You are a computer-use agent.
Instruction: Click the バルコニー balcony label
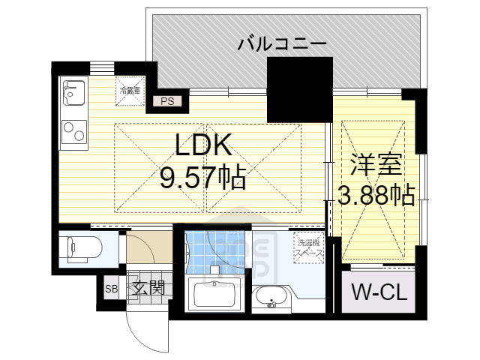pyautogui.click(x=282, y=44)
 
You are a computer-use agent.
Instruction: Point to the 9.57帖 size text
pyautogui.click(x=202, y=178)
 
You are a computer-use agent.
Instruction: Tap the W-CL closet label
pyautogui.click(x=380, y=292)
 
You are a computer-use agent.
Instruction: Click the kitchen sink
pyautogui.click(x=73, y=94)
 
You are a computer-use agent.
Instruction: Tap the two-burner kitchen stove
pyautogui.click(x=73, y=133)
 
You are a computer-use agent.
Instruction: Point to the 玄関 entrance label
pyautogui.click(x=145, y=288)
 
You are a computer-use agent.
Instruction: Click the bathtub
pyautogui.click(x=217, y=293)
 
